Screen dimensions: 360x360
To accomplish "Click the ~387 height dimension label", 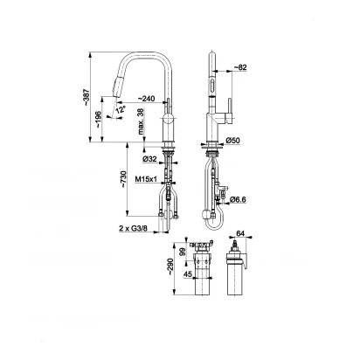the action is tap(87, 98).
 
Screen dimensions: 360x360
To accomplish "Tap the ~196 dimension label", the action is tap(98, 119).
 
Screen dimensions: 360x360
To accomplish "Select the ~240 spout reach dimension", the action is tap(146, 99).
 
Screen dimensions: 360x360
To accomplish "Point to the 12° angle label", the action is tap(121, 110).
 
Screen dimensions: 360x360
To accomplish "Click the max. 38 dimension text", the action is tap(141, 121).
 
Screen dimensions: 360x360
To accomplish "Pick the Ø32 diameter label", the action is tap(149, 159).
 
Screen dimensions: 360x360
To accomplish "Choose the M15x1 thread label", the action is tap(146, 179).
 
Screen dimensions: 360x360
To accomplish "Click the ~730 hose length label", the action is tap(123, 179).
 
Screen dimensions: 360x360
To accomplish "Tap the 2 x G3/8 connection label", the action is tap(134, 228).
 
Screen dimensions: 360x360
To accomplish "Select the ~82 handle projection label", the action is tap(240, 67).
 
